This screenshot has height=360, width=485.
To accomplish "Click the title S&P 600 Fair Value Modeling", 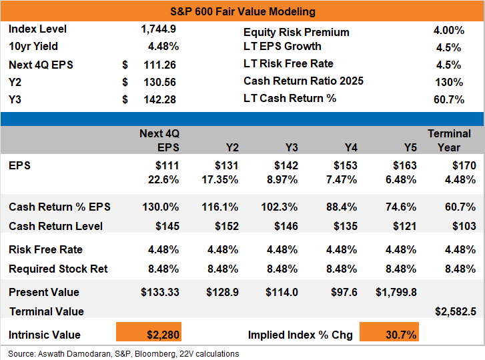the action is [x=243, y=12].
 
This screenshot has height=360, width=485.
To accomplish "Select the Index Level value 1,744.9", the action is [x=158, y=29].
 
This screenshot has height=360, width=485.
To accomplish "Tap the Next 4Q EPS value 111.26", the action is [x=159, y=65].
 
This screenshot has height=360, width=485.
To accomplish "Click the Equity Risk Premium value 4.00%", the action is [x=449, y=30].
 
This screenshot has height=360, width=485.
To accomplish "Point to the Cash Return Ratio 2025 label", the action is [x=304, y=81].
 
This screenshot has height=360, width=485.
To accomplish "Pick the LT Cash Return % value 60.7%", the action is [x=449, y=99].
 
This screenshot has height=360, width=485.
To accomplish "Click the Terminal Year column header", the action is [x=449, y=140].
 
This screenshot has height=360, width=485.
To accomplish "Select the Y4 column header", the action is [x=351, y=147].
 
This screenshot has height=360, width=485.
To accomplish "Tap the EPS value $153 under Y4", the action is [x=345, y=165].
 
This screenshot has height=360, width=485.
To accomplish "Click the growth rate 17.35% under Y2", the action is [x=220, y=179].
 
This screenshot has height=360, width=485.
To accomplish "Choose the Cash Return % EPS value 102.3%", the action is [x=280, y=207].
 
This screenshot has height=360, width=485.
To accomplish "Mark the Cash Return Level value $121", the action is [x=404, y=226].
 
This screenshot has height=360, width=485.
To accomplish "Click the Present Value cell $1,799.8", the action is [x=396, y=292].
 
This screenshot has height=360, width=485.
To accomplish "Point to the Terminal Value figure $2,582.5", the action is [x=456, y=311].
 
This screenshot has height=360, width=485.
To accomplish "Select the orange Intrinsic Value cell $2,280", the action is [x=149, y=332].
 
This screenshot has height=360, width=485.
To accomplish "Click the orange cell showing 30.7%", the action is [x=389, y=332].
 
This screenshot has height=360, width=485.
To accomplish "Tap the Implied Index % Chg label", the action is [x=300, y=335].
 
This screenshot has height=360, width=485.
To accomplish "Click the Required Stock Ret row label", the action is [x=58, y=269].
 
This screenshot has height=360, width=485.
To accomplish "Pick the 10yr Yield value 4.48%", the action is [x=163, y=47].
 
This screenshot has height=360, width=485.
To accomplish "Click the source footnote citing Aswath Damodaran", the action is [x=123, y=353].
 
